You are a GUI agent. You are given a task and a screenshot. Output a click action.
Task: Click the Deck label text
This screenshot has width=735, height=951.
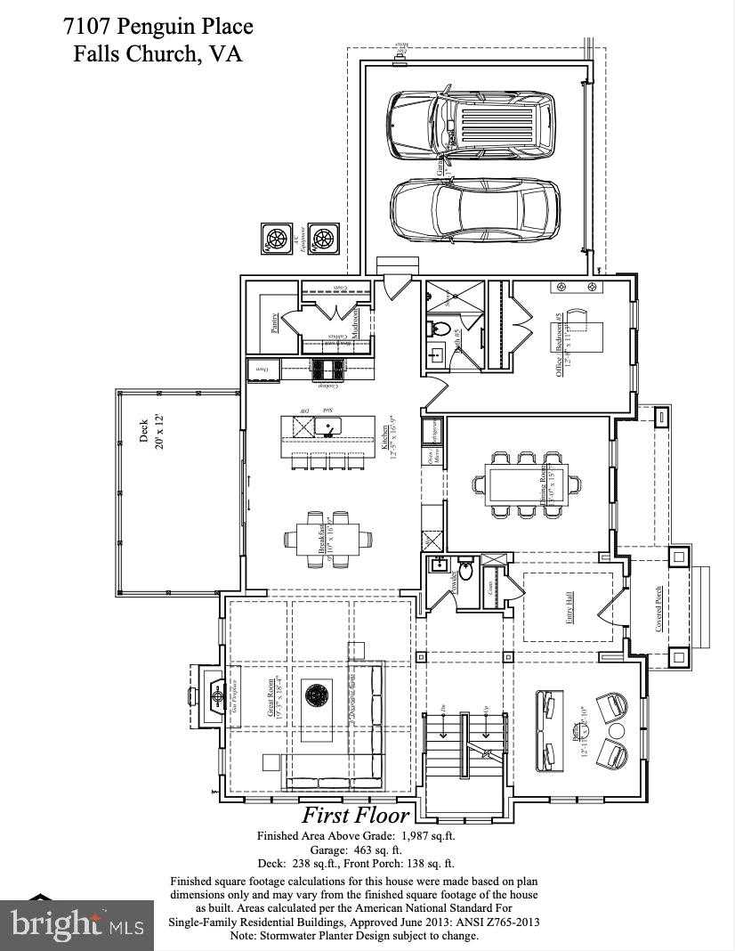[145, 432]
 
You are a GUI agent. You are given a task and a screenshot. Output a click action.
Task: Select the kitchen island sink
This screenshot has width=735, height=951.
[327, 428]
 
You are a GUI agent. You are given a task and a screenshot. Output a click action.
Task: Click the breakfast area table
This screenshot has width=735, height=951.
[322, 538]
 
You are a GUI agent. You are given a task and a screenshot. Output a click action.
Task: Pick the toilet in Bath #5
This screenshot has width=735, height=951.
[440, 329]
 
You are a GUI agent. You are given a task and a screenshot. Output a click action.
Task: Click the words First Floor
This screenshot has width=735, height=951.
[356, 815]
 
